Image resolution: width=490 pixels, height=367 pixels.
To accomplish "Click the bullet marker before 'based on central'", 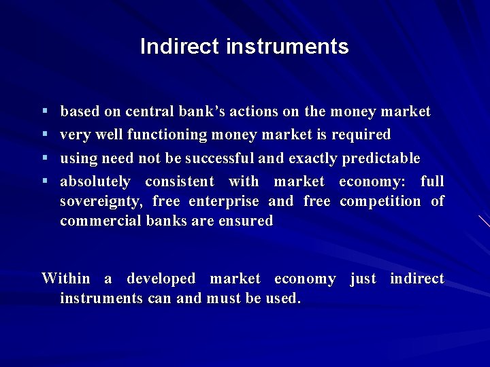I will [44, 111].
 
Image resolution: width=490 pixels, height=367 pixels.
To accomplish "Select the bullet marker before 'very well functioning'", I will [44, 135].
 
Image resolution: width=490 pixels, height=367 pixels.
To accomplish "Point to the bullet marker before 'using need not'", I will [44, 158].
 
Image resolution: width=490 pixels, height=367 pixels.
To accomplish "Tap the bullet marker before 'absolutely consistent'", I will [44, 181].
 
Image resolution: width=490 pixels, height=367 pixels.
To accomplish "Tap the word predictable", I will [381, 158].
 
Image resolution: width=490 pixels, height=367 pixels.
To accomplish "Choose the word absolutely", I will [95, 181].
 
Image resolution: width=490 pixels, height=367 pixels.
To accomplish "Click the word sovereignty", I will [101, 201].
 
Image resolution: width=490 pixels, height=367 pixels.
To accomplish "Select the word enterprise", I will [224, 201].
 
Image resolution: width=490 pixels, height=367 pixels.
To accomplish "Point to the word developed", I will [161, 279].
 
